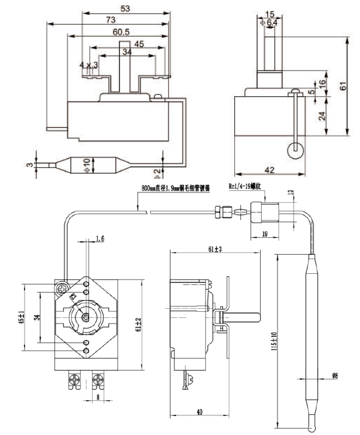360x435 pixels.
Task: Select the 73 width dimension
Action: tap(109, 20)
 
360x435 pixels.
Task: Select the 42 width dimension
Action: tap(268, 169)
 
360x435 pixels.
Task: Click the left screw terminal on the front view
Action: tap(76, 380)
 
